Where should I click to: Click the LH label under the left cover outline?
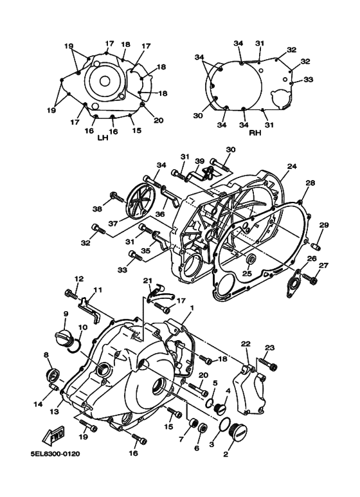click(x=102, y=138)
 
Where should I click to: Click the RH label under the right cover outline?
click(x=254, y=132)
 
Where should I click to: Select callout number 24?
click(x=291, y=167)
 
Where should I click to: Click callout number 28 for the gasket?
click(x=310, y=183)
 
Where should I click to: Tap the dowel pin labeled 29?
click(x=316, y=246)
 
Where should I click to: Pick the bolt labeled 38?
click(x=116, y=197)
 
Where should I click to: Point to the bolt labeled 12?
click(x=71, y=294)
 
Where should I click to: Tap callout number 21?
click(x=147, y=281)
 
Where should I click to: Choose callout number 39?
click(x=199, y=161)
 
